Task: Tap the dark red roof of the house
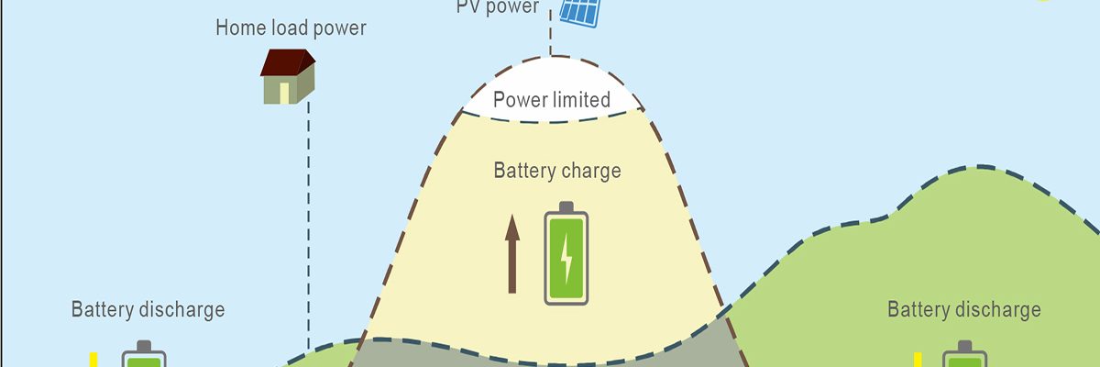pos(288,62)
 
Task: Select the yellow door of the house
pos(284,92)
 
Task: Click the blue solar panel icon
pos(578,12)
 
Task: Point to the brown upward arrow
pos(512,254)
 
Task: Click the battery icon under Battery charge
pos(566,254)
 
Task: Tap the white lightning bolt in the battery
pos(566,259)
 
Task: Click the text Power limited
pos(552,100)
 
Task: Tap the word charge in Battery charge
pos(592,171)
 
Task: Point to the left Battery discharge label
pos(148,309)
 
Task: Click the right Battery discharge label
pos(963,309)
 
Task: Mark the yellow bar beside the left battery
pos(93,359)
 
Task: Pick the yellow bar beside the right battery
pos(918,359)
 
